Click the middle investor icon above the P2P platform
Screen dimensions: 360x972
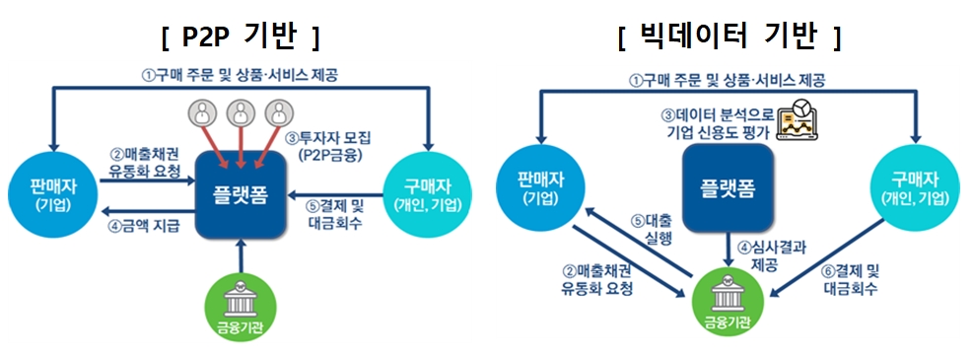pyautogui.click(x=241, y=111)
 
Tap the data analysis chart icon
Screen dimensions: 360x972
pyautogui.click(x=801, y=119)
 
